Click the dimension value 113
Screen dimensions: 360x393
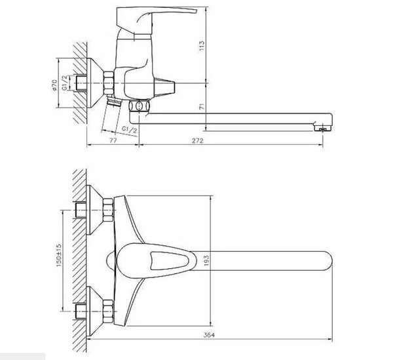(203, 46)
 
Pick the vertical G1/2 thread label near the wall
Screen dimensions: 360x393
(65, 83)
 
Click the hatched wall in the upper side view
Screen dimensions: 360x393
(79, 79)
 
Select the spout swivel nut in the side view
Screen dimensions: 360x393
(138, 107)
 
